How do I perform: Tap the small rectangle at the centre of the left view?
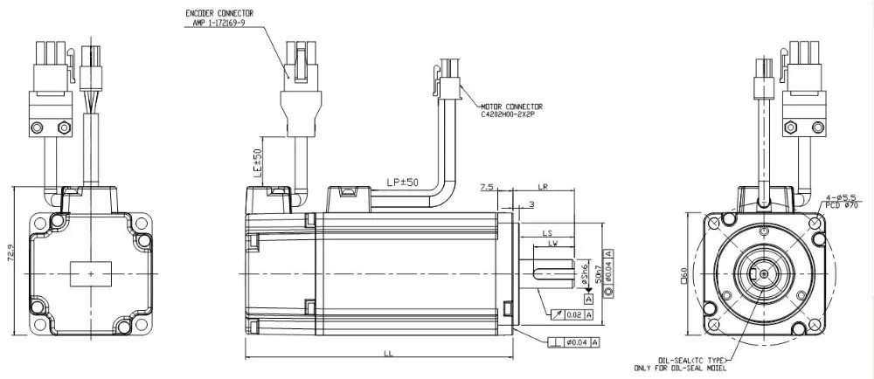91,273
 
